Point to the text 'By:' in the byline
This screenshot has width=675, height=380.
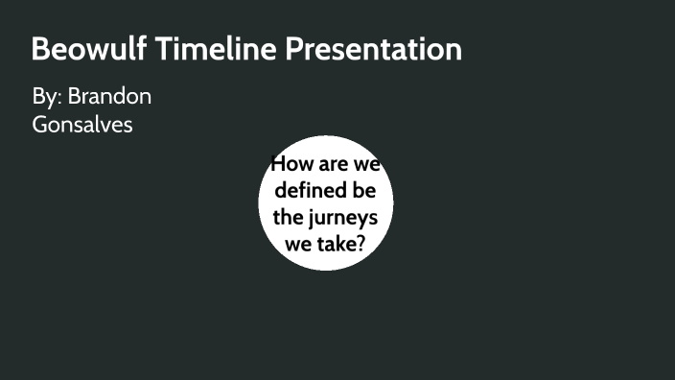pos(46,97)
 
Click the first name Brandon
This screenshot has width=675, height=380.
pos(109,97)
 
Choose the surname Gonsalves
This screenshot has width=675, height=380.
pos(82,125)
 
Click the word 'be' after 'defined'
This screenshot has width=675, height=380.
pos(363,190)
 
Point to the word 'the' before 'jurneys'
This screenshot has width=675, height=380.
pos(287,217)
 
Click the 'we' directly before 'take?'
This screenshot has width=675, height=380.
pos(299,244)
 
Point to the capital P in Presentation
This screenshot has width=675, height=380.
pos(291,49)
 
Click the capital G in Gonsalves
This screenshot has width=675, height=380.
pos(39,125)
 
